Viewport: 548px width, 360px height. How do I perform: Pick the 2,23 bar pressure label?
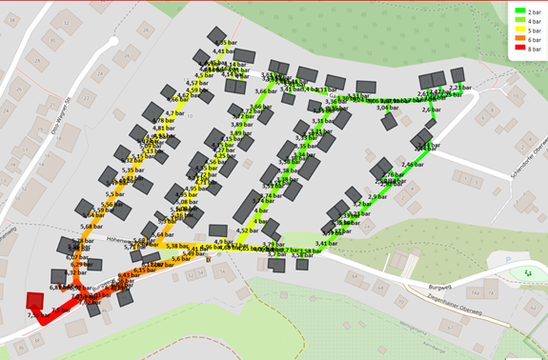(460, 88)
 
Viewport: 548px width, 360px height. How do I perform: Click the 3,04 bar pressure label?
(387, 108)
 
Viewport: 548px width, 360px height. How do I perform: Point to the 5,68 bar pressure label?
(91, 227)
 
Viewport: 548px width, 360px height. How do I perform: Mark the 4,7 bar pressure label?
(174, 140)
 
